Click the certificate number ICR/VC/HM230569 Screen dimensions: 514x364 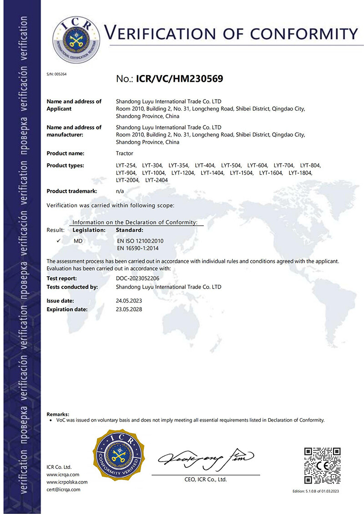coord(179,79)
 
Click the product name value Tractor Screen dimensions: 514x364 coord(125,153)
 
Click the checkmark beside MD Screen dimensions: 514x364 coord(59,240)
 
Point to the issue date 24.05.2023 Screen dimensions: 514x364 coord(130,301)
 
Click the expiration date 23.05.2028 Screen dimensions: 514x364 coord(130,309)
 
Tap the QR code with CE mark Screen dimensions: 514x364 coord(322,466)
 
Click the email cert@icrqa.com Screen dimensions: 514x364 coord(63,489)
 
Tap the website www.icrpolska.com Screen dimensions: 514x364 coord(67,482)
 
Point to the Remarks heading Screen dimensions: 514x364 coord(58,414)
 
